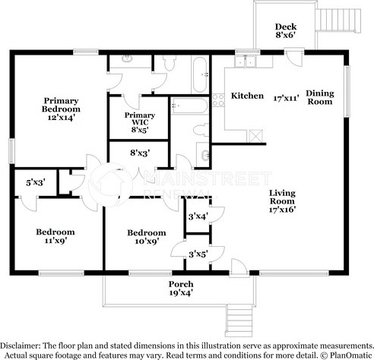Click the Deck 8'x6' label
pyautogui.click(x=286, y=30)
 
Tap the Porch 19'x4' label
pyautogui.click(x=181, y=289)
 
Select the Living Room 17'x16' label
pyautogui.click(x=282, y=201)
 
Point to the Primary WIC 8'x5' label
pyautogui.click(x=140, y=122)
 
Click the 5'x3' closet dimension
pyautogui.click(x=36, y=182)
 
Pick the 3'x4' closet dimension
pyautogui.click(x=198, y=216)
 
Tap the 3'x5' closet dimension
pyautogui.click(x=198, y=254)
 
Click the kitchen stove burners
pyautogui.click(x=218, y=100)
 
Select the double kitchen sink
pyautogui.click(x=246, y=61)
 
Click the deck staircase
pyautogui.click(x=338, y=20)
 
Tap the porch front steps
pyautogui.click(x=239, y=321)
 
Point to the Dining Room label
pyautogui.click(x=320, y=97)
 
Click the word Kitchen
pyautogui.click(x=247, y=96)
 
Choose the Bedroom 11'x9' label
pyautogui.click(x=55, y=236)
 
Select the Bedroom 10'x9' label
pyautogui.click(x=147, y=237)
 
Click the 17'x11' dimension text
pyautogui.click(x=286, y=98)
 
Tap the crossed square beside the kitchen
pyautogui.click(x=255, y=136)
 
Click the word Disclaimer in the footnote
pyautogui.click(x=20, y=346)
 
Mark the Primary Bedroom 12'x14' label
pyautogui.click(x=61, y=109)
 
